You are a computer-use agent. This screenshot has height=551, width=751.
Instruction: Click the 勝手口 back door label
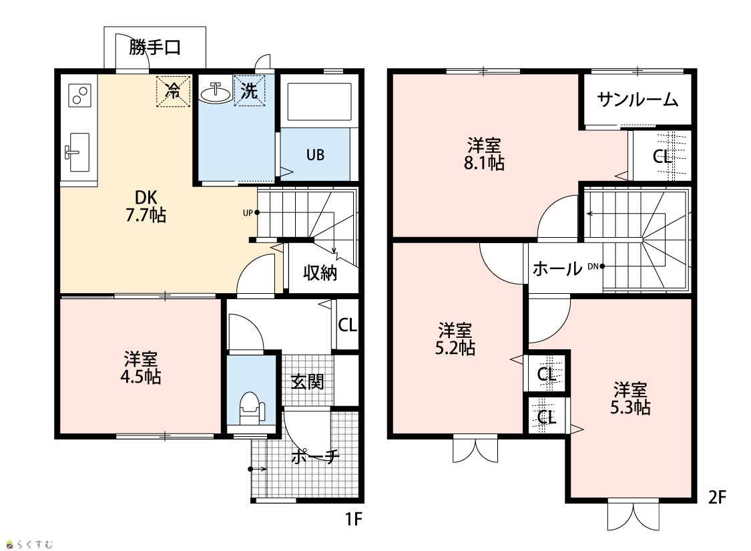point(155,47)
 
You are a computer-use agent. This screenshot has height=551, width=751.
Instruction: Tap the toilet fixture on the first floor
point(252,407)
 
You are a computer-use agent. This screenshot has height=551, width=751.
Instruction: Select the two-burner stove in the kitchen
point(79,95)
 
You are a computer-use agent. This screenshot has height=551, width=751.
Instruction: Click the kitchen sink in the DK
point(77,152)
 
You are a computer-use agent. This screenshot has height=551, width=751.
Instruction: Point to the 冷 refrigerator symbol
point(173,91)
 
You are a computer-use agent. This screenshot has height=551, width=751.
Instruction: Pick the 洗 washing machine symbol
point(249,90)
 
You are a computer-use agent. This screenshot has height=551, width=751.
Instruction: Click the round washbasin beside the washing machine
point(216,92)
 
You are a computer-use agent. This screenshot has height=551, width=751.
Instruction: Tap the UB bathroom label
point(315,155)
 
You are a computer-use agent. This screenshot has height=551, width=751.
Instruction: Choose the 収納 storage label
point(320,272)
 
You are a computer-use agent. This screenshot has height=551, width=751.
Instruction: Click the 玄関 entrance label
point(308,382)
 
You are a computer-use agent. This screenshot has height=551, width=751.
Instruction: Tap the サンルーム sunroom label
point(638,100)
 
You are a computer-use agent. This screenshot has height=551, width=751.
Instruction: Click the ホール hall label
point(557,268)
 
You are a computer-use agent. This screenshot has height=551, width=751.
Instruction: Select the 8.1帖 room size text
point(484,163)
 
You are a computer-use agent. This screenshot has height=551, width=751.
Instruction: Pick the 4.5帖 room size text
point(140,377)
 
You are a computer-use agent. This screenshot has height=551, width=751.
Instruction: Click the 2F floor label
point(717,498)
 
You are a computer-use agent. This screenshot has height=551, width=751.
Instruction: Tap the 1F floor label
point(353,519)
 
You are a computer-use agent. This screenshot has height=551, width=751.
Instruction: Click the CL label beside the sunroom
point(662,157)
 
